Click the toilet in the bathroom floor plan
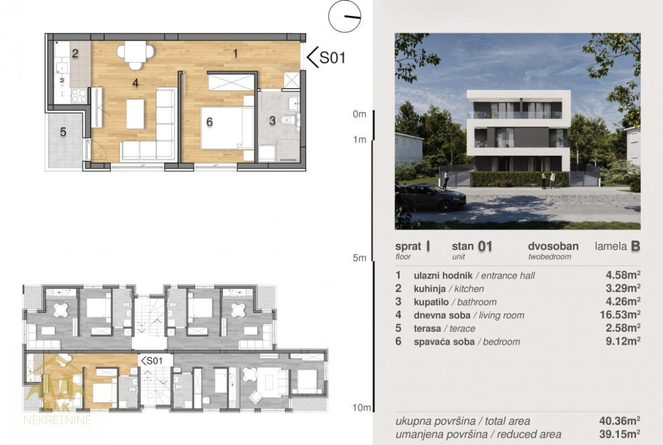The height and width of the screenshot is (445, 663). (x=287, y=120)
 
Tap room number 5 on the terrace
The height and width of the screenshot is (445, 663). (x=63, y=132)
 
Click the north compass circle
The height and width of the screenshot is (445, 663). (x=345, y=16)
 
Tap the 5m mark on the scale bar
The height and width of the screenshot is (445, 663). (x=359, y=257)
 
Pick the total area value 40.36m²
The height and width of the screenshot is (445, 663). (x=619, y=421)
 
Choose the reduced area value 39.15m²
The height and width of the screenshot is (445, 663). (x=619, y=434)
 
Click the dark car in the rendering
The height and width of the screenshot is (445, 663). (x=431, y=197)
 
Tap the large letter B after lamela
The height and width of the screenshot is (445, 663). (x=635, y=246)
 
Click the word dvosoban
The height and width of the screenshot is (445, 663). (x=553, y=246)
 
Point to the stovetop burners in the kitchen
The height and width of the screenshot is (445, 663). (x=79, y=96)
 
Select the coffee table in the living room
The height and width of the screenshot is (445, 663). (x=135, y=113)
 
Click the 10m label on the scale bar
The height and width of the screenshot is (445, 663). (x=362, y=408)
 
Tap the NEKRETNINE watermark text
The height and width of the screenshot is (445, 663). (x=57, y=420)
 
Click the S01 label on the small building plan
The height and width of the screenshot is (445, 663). (x=152, y=361)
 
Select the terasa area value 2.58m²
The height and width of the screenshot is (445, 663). (x=623, y=328)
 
